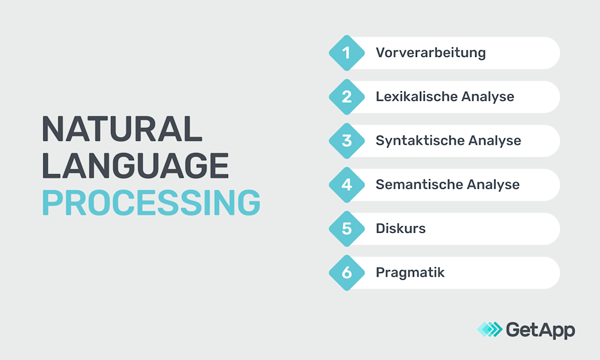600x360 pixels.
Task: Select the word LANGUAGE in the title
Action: click(x=136, y=166)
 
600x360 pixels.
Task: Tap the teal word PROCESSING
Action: click(x=151, y=203)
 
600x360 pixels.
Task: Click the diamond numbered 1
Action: click(x=347, y=53)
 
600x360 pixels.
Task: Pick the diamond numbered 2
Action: click(x=347, y=97)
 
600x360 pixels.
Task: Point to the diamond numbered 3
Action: click(x=347, y=140)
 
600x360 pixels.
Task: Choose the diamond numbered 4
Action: click(x=347, y=185)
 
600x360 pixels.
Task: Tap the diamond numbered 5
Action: click(x=347, y=229)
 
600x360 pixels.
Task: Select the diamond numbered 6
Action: click(x=347, y=272)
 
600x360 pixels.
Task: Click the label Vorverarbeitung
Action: click(x=430, y=53)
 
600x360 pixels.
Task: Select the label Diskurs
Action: click(x=400, y=229)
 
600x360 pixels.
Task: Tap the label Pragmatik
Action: click(x=410, y=273)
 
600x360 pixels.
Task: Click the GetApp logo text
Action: click(x=540, y=329)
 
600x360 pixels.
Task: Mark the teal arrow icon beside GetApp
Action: click(x=489, y=329)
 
